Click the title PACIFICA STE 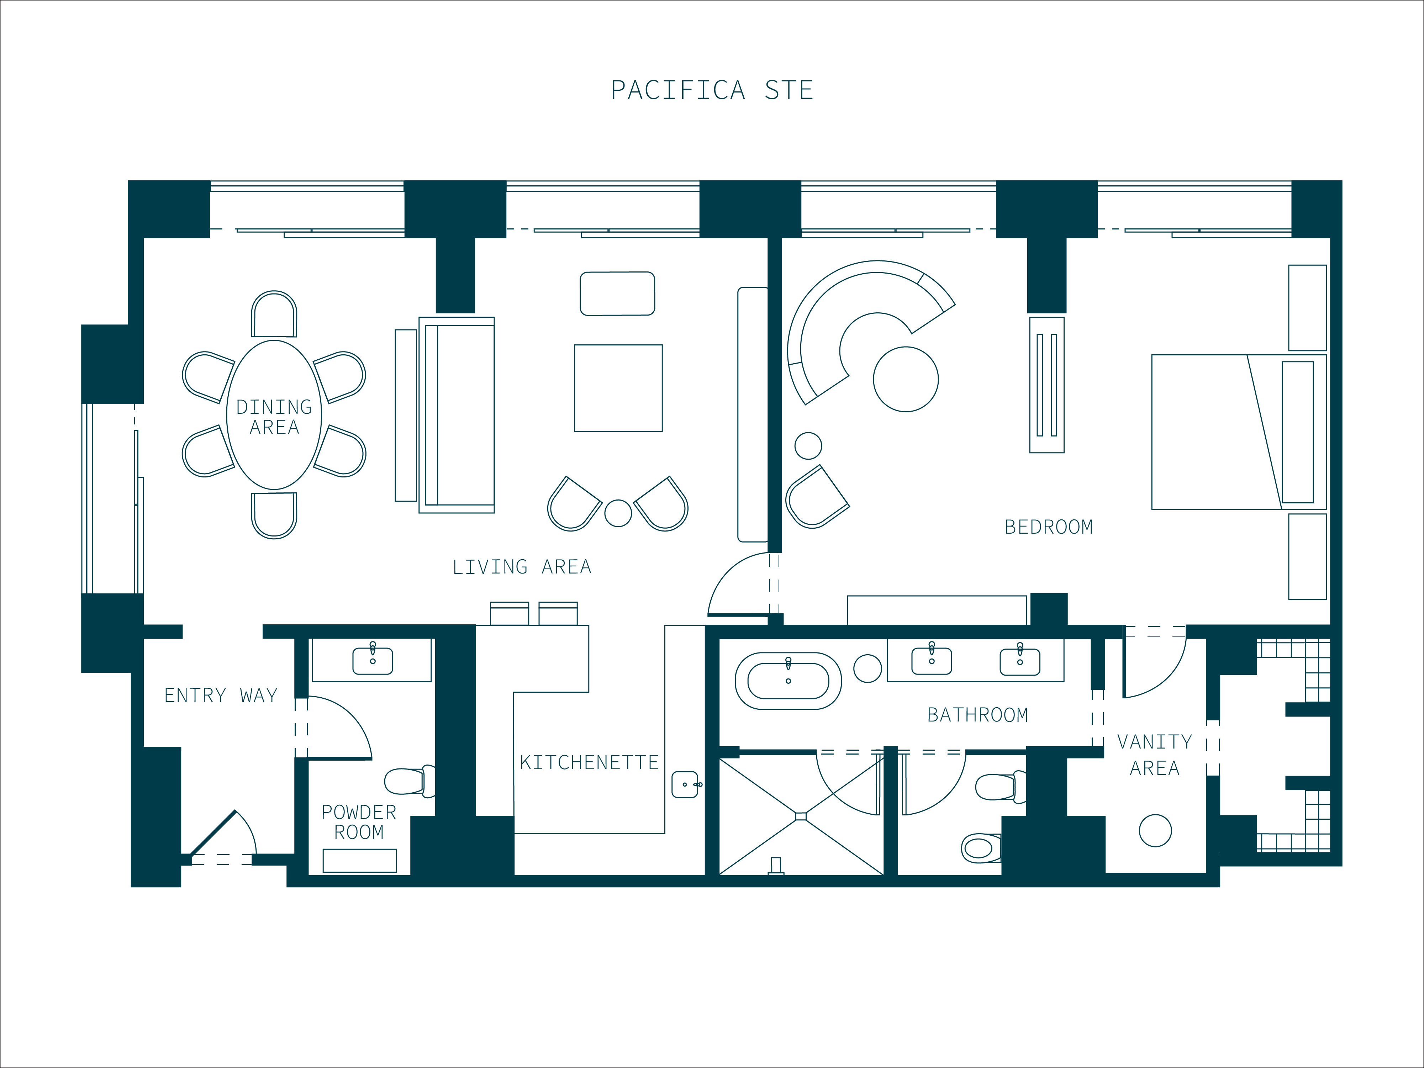tap(712, 90)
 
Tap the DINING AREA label tap(274, 417)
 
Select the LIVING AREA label tap(521, 566)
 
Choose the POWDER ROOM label tap(359, 822)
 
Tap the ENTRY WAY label tap(221, 695)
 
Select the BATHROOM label tap(977, 715)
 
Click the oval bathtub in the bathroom tap(788, 681)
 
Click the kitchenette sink tap(686, 784)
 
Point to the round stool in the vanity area tap(1155, 830)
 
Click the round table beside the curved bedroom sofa tap(906, 379)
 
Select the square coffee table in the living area tap(618, 388)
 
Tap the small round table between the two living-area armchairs tap(618, 513)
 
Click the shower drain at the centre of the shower tap(801, 816)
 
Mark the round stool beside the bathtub tap(867, 668)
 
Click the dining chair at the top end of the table tap(274, 314)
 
